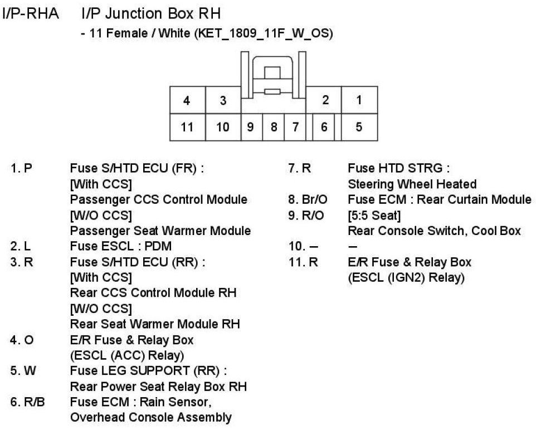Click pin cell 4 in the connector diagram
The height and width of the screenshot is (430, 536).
pos(187,100)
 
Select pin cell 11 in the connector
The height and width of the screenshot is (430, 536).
pos(187,128)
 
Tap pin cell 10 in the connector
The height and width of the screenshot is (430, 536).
pos(222,128)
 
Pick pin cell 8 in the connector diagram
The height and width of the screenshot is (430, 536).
pos(274,128)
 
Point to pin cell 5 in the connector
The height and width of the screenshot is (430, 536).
pos(359,128)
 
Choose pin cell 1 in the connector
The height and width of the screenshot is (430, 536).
pos(359,100)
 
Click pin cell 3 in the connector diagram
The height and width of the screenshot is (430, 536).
pos(222,100)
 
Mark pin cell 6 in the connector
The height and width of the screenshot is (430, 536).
pos(324,128)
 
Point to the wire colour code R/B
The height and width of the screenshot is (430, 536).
pos(28,402)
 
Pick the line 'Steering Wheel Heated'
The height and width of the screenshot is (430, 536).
pos(412,184)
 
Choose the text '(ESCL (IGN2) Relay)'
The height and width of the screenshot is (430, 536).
pos(406,277)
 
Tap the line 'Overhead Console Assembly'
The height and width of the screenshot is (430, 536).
pos(150,417)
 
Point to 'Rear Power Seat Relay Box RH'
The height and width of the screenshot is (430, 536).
pos(158,387)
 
